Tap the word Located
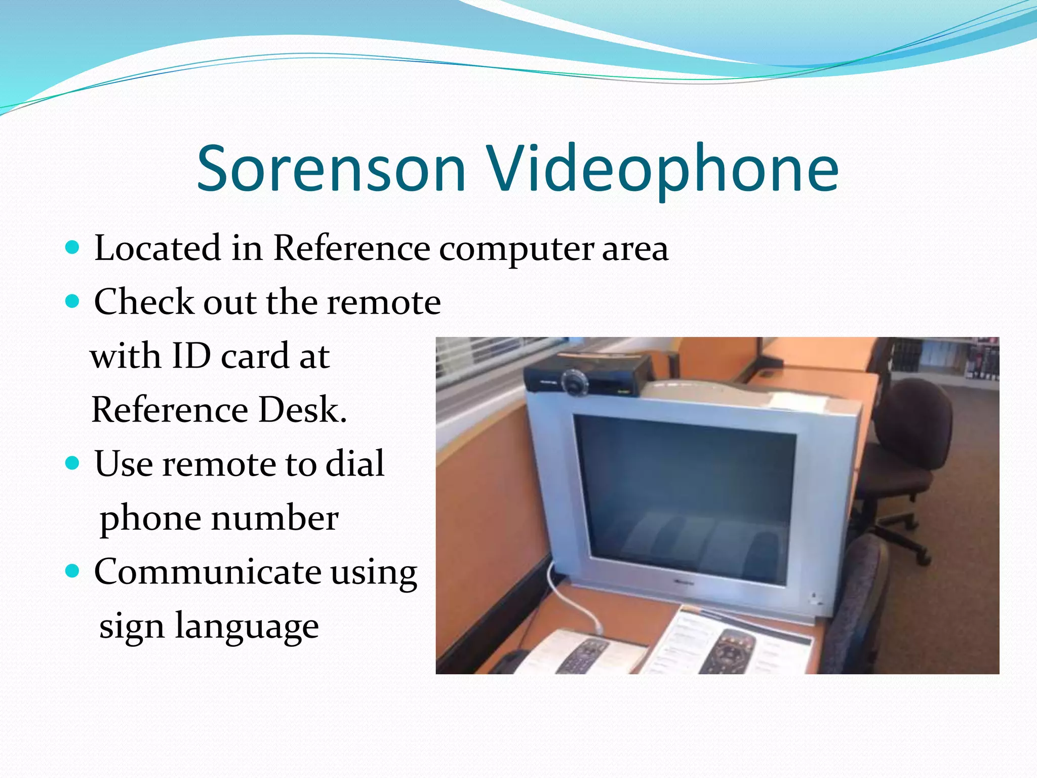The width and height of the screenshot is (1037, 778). point(157,248)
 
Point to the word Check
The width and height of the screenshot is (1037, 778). point(144,302)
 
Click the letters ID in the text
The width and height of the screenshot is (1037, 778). point(191,356)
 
